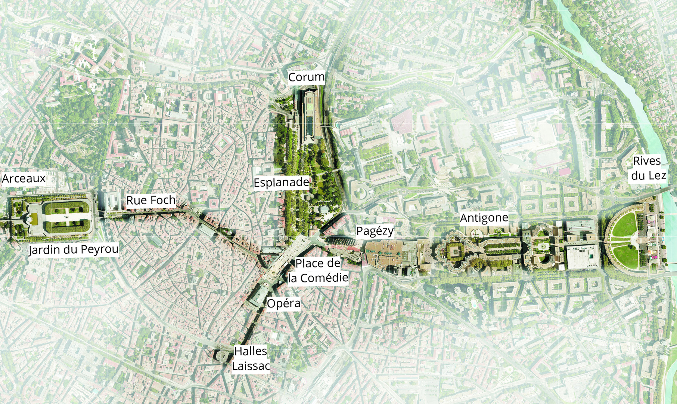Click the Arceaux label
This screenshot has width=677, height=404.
coord(24,178)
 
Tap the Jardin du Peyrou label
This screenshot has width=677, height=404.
coord(74,249)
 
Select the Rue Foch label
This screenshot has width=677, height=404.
coord(151,201)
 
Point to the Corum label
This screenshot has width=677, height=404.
coord(307,77)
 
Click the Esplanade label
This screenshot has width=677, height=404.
coord(282,183)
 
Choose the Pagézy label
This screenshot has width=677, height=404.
coord(375,231)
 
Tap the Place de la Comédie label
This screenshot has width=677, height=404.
coord(318,270)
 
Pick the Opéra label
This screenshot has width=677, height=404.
coord(283,303)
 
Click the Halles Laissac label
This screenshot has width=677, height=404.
coord(251,358)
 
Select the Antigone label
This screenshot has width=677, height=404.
coord(484,218)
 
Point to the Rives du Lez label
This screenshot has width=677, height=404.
coord(648,168)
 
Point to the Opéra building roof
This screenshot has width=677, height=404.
coord(258,297)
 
